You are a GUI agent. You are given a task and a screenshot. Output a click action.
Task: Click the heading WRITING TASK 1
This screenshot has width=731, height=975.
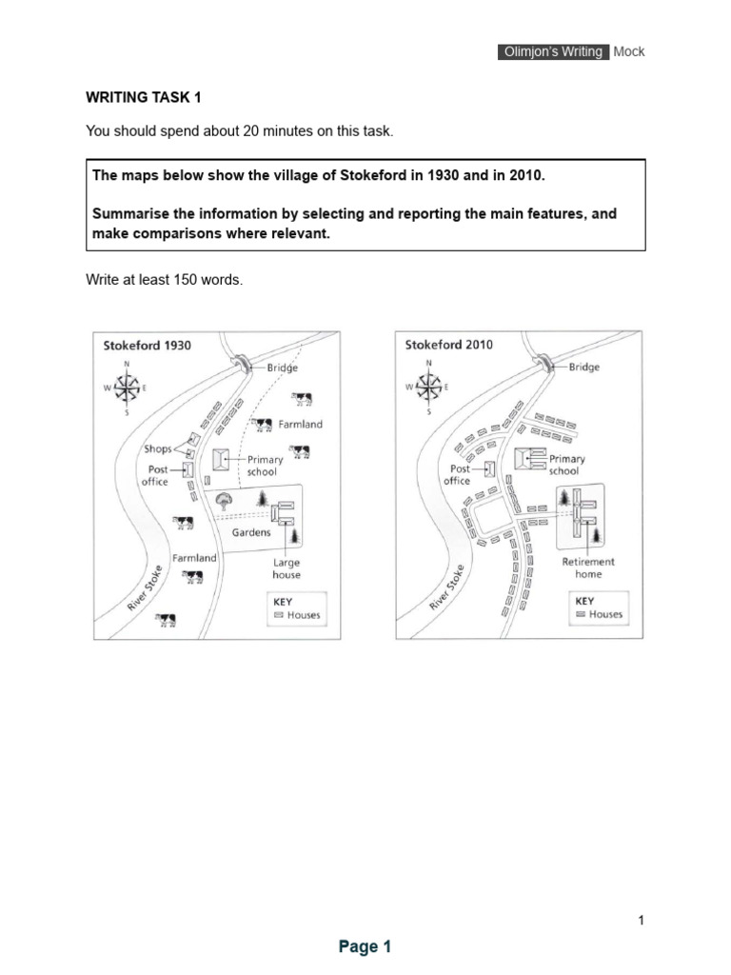click(144, 97)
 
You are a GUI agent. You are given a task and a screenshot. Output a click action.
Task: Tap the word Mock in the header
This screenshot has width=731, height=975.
click(629, 51)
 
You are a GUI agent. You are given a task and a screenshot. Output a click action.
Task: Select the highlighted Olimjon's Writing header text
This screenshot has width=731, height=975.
click(552, 51)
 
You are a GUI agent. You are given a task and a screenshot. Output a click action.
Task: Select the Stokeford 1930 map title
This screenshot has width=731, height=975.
click(147, 346)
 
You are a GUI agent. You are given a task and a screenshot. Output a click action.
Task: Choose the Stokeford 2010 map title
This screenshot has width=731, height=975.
click(449, 345)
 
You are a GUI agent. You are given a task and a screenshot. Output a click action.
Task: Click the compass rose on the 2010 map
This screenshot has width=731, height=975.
click(428, 387)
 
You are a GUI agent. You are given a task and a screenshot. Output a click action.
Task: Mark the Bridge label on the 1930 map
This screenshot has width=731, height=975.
click(282, 368)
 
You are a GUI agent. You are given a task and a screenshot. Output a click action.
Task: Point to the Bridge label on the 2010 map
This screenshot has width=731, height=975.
click(584, 367)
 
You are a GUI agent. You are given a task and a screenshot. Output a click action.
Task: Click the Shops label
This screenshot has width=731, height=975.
click(157, 448)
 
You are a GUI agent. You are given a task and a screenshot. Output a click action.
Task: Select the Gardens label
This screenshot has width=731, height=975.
click(251, 532)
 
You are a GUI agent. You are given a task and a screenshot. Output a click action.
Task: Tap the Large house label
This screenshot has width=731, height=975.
click(286, 568)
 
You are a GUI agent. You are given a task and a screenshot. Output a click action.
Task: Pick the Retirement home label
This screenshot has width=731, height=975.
click(588, 567)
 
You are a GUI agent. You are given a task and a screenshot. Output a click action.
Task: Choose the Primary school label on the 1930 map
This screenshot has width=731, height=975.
click(265, 466)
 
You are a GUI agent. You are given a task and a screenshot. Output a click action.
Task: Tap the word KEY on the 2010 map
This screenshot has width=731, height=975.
click(584, 601)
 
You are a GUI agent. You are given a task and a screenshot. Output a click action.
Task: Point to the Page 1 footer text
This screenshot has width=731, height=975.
click(365, 946)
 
